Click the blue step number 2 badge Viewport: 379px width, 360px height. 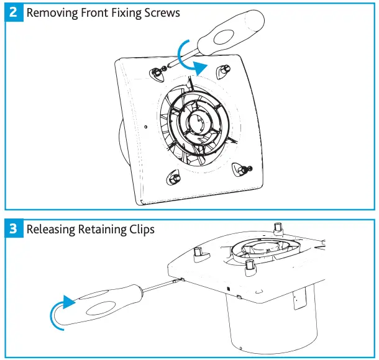click(x=14, y=13)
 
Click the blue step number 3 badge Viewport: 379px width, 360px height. click(x=14, y=229)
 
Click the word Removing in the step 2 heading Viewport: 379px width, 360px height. click(x=52, y=13)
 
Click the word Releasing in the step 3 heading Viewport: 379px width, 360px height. click(x=51, y=229)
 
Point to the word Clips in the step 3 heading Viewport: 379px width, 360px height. click(x=140, y=229)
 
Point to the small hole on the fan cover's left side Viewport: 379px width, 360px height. click(x=145, y=127)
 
